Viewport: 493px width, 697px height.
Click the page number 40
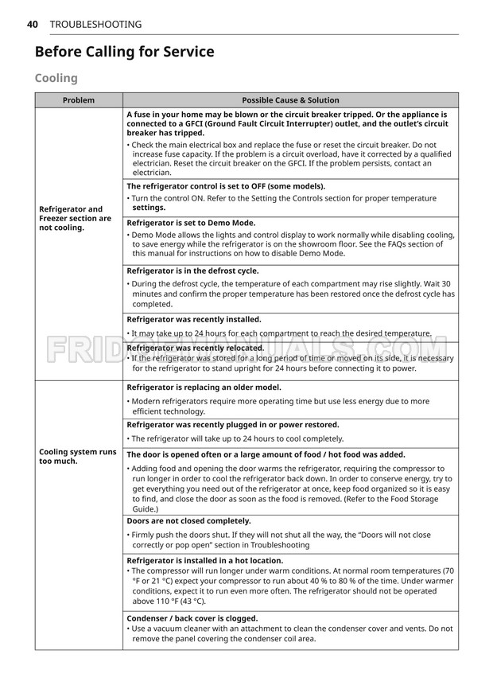click(33, 25)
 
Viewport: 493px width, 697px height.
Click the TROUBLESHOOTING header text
click(95, 25)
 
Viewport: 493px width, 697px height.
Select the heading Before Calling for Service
click(124, 53)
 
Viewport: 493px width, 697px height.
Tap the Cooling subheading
click(56, 78)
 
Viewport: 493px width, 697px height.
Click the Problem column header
click(79, 100)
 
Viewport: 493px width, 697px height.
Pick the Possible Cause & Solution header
click(290, 100)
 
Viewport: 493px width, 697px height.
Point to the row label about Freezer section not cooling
click(75, 218)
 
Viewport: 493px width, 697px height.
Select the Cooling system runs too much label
click(78, 456)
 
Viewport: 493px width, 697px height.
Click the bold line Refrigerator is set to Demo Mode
click(191, 224)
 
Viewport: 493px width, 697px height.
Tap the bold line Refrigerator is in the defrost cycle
click(192, 271)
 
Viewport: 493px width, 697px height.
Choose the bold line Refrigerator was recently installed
click(194, 319)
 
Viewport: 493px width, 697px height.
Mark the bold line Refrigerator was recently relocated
click(196, 348)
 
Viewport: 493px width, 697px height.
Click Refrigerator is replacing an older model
click(204, 387)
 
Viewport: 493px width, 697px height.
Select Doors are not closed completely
click(188, 521)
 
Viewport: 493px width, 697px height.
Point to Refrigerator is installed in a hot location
click(204, 561)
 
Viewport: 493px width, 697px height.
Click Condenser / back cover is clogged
click(192, 618)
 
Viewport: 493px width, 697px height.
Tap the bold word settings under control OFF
click(149, 208)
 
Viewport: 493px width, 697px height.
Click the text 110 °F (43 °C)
click(171, 602)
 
